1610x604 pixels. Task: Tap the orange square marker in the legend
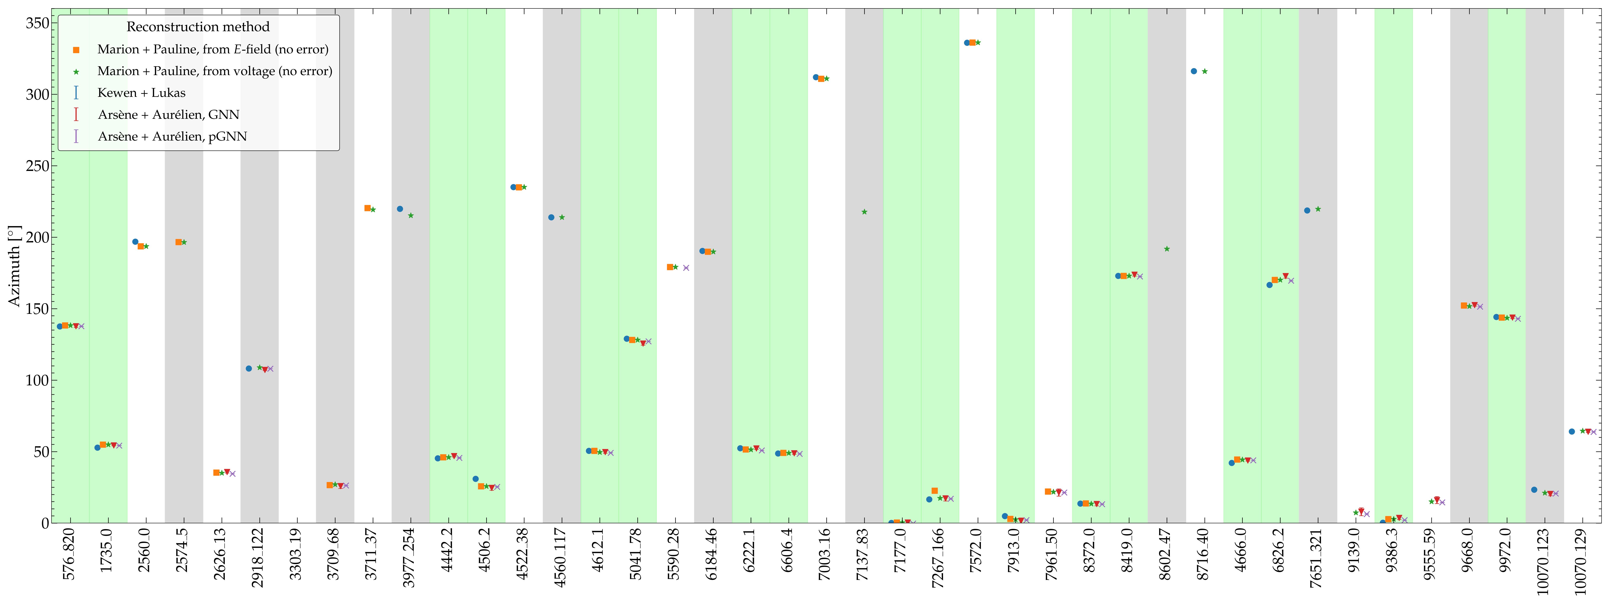pos(76,49)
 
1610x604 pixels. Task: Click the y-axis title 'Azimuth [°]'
pos(14,266)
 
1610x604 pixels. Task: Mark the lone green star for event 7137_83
pos(864,212)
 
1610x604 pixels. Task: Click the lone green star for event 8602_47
pos(1167,249)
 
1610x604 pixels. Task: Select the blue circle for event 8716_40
pos(1194,71)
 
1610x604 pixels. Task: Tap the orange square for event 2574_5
pos(179,242)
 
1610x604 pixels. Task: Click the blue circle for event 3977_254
pos(400,209)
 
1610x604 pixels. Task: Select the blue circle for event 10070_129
pos(1572,431)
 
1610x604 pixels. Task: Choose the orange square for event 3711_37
pos(367,208)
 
